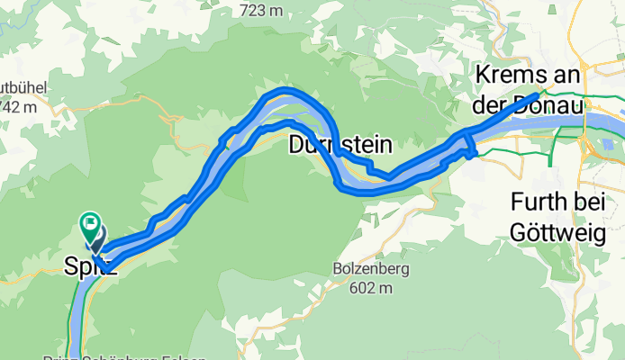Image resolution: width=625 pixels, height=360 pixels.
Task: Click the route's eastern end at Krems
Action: pyautogui.click(x=539, y=94)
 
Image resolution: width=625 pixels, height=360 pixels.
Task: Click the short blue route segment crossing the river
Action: pyautogui.click(x=466, y=144)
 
